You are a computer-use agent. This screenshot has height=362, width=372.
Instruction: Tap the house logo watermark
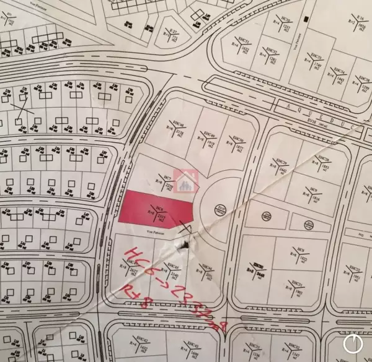pyautogui.click(x=185, y=180)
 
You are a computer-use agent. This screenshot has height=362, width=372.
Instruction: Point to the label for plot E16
pyautogui.click(x=360, y=22)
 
